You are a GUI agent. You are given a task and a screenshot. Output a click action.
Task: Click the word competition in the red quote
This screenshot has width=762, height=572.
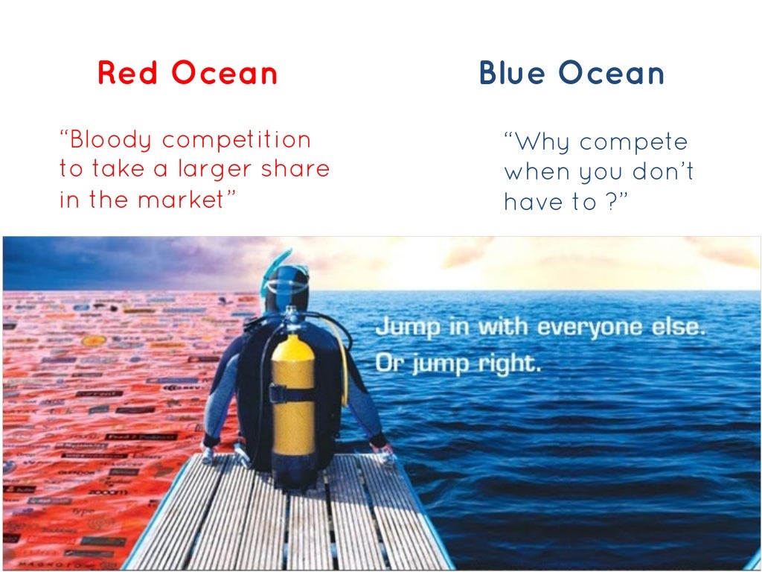[x=237, y=140]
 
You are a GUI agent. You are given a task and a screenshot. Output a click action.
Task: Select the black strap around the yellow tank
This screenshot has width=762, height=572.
[x=292, y=393]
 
